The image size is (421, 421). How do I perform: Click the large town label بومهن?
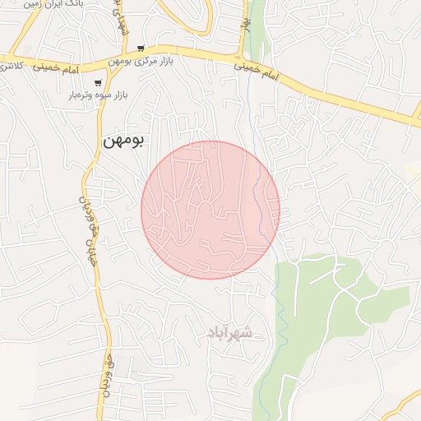123,141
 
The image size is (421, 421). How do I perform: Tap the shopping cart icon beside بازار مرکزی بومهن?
141,49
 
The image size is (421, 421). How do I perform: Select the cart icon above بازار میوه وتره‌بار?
98,82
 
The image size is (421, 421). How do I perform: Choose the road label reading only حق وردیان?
105,378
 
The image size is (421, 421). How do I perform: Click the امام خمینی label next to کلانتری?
58,68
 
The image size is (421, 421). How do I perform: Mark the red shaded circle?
210,210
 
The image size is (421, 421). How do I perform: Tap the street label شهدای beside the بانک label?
117,16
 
